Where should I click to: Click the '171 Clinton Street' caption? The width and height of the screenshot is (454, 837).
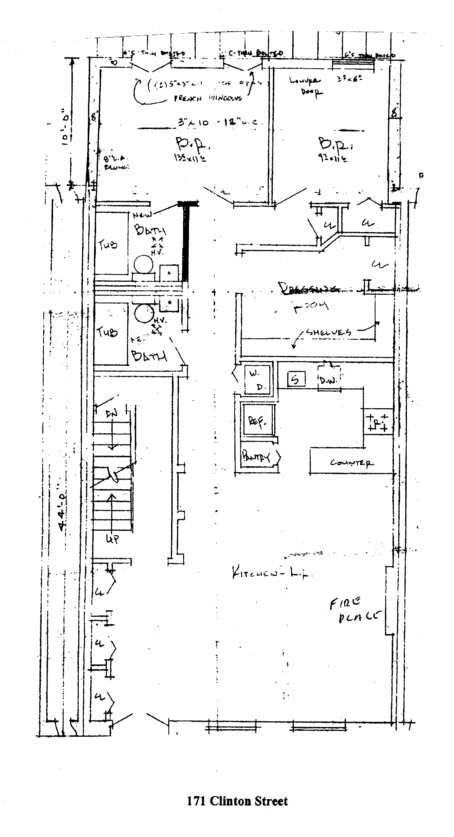tap(237, 801)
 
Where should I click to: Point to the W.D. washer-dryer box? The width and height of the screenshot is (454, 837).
tap(257, 380)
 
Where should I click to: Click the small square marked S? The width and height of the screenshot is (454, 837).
tap(296, 379)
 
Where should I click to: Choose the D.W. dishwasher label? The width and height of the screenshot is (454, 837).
tap(329, 379)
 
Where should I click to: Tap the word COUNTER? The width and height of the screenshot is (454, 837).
tap(352, 463)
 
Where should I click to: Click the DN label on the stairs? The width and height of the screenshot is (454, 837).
tap(111, 414)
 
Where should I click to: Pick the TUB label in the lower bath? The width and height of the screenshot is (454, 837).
tap(107, 332)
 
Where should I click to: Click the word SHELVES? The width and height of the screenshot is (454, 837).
tap(329, 332)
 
